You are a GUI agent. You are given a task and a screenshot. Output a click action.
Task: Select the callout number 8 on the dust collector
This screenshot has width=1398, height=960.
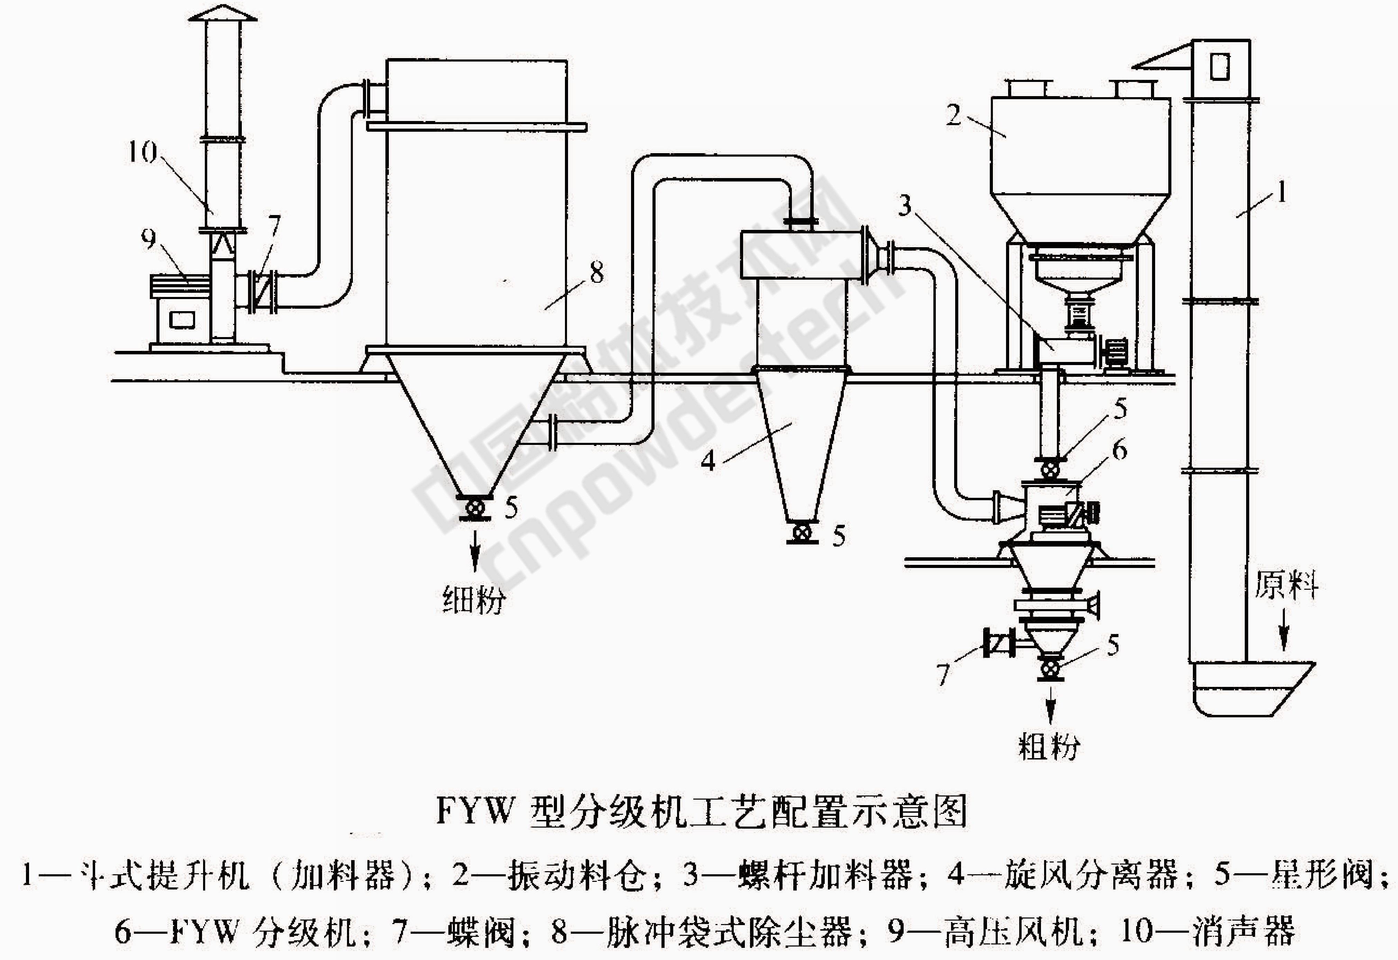click(x=596, y=274)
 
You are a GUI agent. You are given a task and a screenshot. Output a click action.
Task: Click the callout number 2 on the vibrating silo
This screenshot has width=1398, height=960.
click(x=953, y=114)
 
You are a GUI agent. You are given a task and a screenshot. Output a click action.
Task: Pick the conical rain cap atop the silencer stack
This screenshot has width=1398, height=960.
click(x=223, y=13)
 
